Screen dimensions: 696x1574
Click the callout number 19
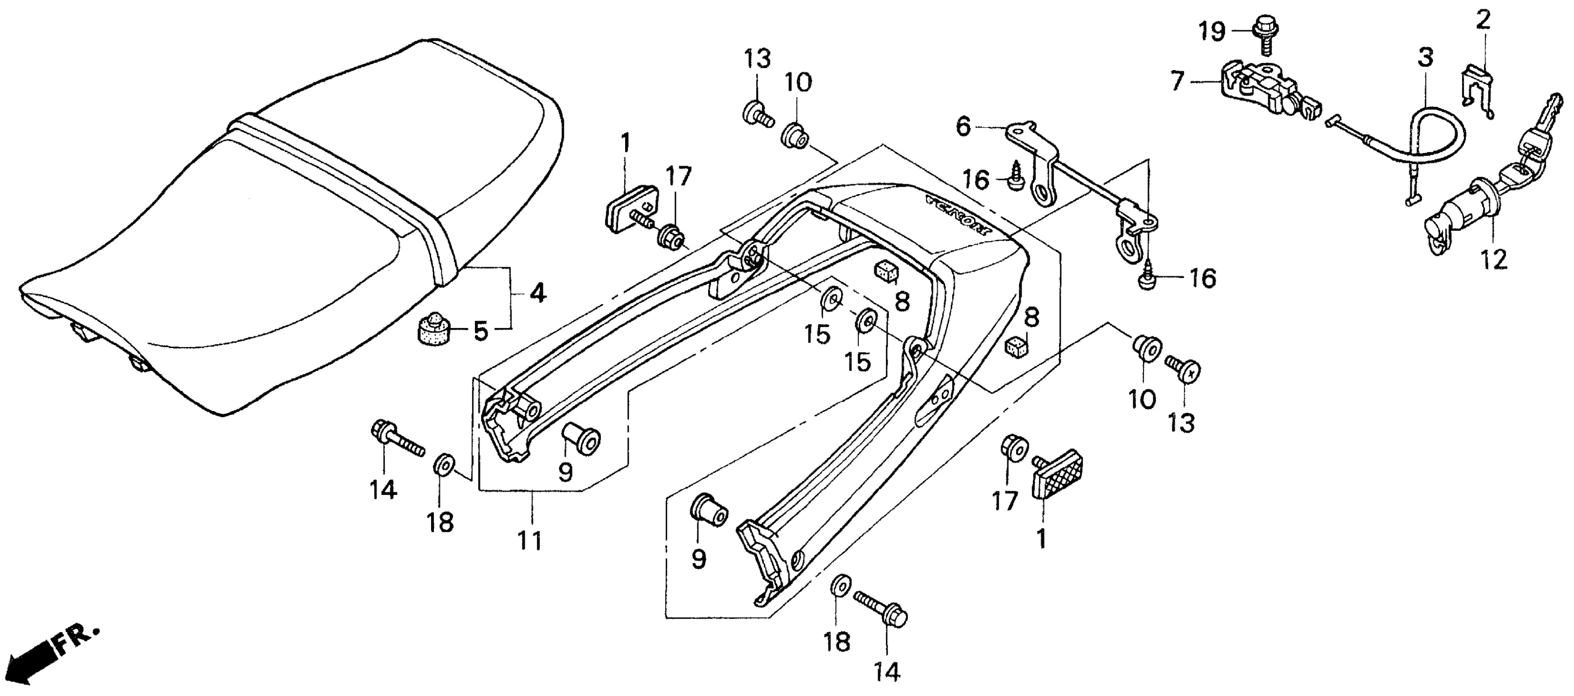tap(1211, 31)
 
